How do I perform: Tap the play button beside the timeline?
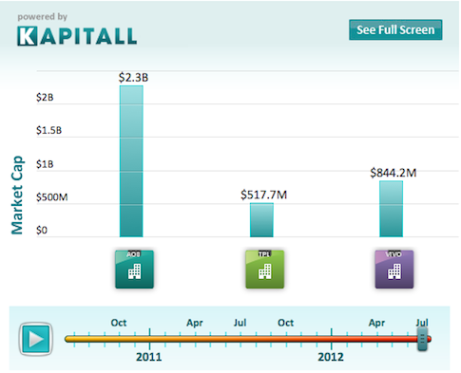[37, 338]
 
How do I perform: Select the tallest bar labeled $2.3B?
[131, 161]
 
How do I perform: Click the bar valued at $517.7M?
[261, 219]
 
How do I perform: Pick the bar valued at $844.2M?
[392, 208]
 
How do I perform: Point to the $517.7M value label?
[261, 195]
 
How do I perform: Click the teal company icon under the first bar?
[133, 269]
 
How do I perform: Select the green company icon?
[264, 269]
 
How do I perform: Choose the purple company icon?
[394, 269]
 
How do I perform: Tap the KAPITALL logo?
[76, 35]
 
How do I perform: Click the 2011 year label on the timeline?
[148, 358]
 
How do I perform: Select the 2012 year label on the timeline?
[331, 358]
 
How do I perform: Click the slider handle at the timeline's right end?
[423, 337]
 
